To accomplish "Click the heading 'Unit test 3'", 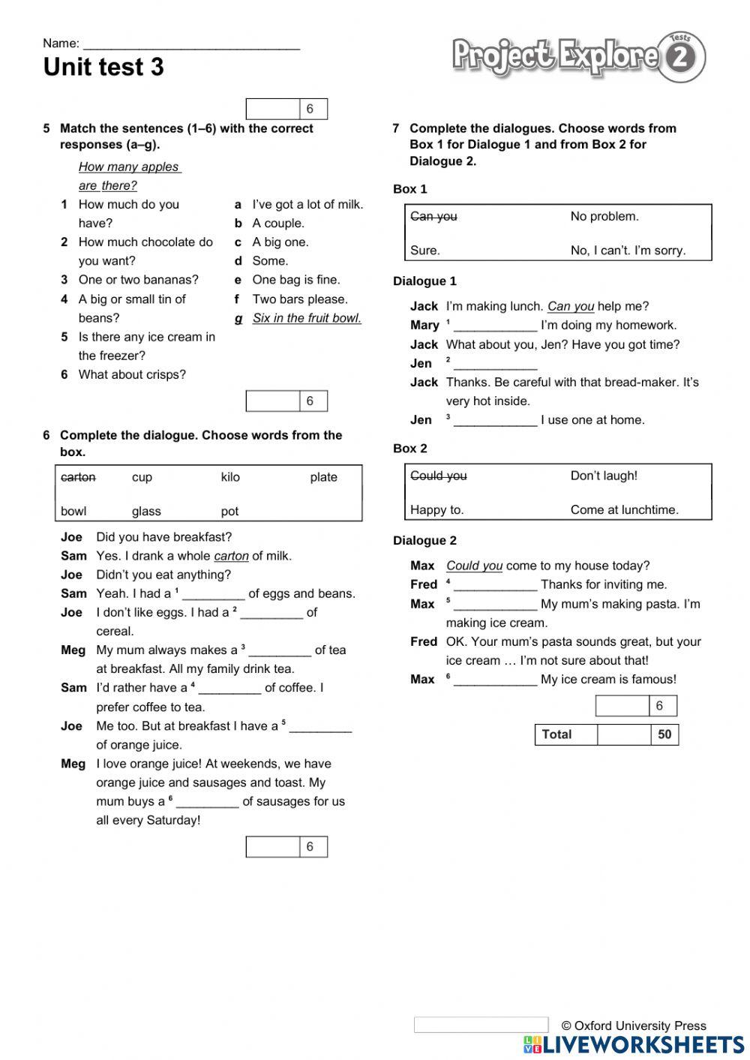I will click(103, 67).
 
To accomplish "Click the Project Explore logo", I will click(577, 56).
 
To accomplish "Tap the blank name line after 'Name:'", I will click(191, 44).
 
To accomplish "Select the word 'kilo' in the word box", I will click(230, 477).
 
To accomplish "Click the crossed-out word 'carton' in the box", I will click(78, 477).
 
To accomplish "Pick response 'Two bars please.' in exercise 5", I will click(300, 299).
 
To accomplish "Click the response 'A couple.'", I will click(278, 223).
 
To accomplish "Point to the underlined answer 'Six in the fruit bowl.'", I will click(307, 318).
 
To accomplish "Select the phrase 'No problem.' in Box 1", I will click(604, 216).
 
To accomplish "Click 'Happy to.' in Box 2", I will click(436, 509).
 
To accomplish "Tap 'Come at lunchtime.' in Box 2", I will click(624, 509).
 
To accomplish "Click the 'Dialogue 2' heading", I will click(424, 540).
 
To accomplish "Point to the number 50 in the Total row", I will click(664, 734).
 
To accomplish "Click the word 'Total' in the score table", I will click(556, 734).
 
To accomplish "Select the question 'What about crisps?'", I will click(132, 374).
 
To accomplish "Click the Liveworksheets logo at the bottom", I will click(634, 1045).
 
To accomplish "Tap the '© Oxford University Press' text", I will click(634, 1025).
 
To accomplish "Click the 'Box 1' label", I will click(409, 189).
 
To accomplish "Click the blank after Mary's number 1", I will click(495, 326).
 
